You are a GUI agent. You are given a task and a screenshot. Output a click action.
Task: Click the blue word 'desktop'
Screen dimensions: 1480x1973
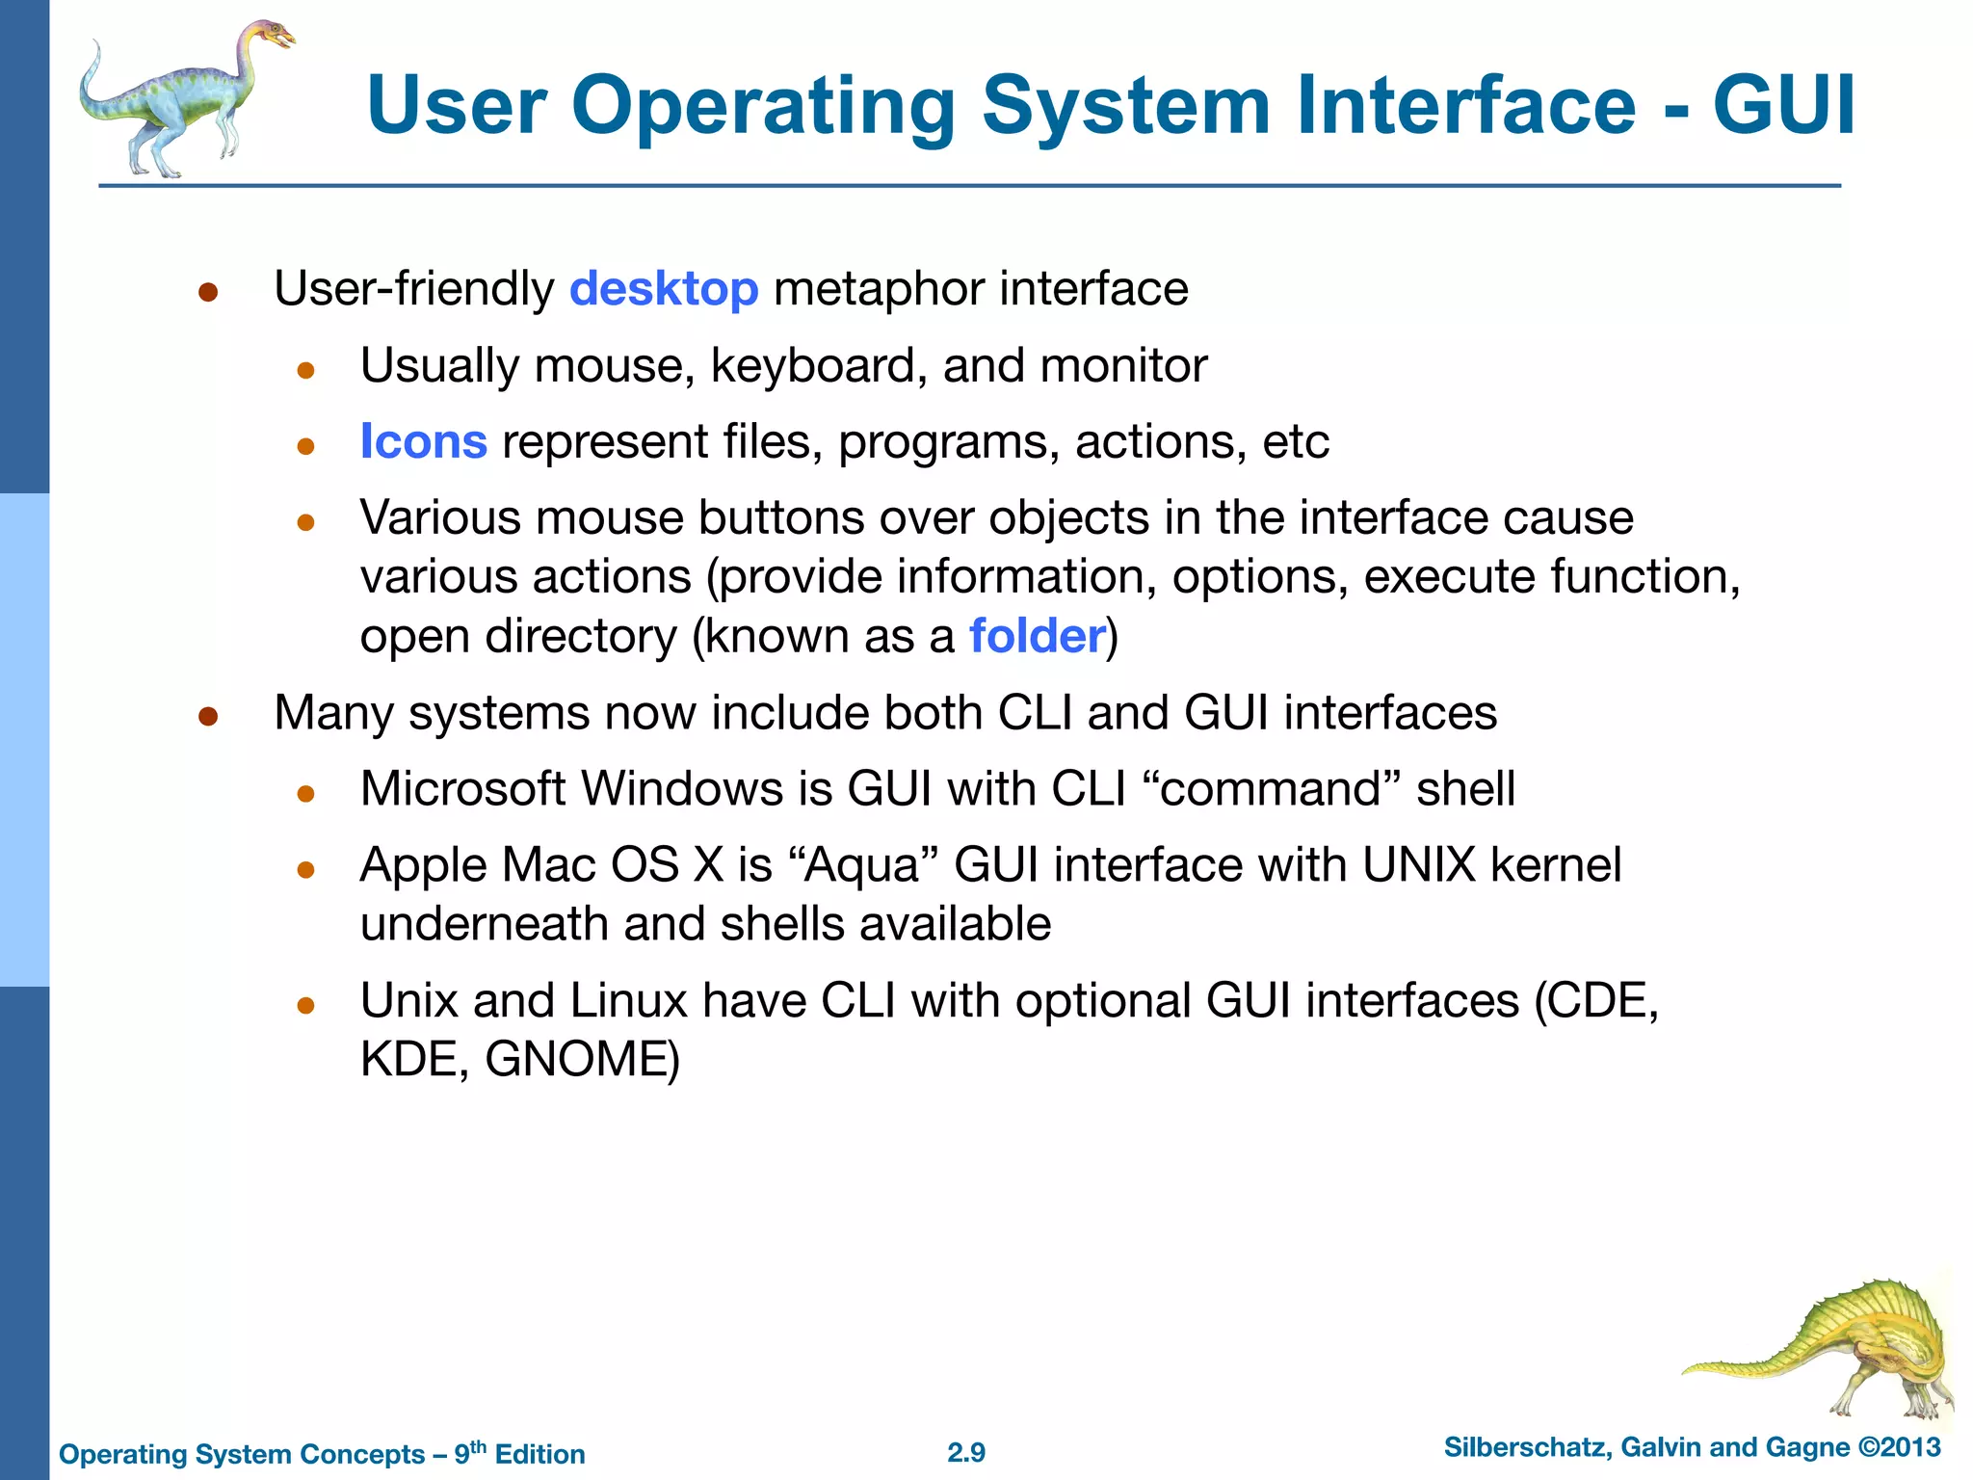coord(664,289)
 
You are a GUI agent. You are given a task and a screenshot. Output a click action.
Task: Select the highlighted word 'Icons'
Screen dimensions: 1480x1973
coord(423,442)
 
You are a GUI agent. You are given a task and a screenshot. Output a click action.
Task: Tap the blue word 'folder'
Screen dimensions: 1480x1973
coord(1037,636)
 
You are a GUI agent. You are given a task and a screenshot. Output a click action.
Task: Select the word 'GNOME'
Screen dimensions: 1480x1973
coord(576,1060)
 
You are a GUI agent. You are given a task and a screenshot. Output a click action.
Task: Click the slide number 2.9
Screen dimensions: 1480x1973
coord(966,1452)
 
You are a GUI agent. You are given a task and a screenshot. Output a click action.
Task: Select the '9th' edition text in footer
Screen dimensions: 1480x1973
coord(471,1452)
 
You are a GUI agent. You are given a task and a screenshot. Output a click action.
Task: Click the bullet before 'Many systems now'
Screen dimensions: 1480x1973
coord(208,716)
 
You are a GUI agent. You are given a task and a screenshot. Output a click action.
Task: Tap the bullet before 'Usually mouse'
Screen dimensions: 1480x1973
coord(306,370)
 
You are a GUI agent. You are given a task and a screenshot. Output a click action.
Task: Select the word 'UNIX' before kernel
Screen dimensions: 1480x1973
coord(1418,865)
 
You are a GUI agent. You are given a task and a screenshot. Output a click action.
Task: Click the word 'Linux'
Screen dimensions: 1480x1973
coord(627,1001)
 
